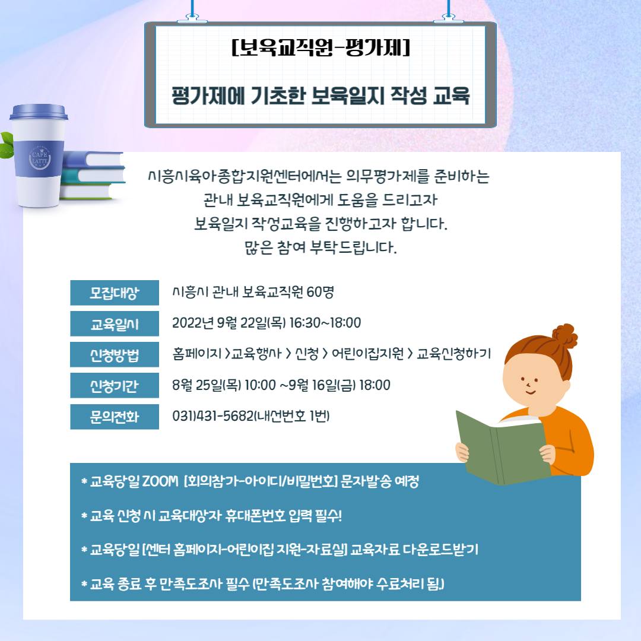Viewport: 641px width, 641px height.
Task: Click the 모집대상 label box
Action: [115, 293]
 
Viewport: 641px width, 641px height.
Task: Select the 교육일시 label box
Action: [115, 324]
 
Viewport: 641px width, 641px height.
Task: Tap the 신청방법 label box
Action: [115, 354]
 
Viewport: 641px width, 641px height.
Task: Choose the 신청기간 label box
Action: [115, 386]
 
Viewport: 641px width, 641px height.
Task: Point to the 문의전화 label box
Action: [115, 417]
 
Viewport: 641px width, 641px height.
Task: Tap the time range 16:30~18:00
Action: [325, 323]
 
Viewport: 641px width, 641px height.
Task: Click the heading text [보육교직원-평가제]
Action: [320, 47]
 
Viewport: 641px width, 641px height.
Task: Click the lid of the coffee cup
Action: [39, 112]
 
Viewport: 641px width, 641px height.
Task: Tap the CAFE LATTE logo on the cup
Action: [40, 158]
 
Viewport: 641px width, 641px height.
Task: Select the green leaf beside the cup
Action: [7, 145]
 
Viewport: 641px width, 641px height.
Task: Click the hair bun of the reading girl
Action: [564, 336]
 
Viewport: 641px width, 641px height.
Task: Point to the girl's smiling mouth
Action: [530, 393]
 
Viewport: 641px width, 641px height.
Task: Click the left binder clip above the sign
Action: [192, 18]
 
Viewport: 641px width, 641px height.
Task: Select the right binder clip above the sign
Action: [449, 18]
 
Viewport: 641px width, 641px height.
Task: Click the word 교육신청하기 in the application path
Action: [454, 354]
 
